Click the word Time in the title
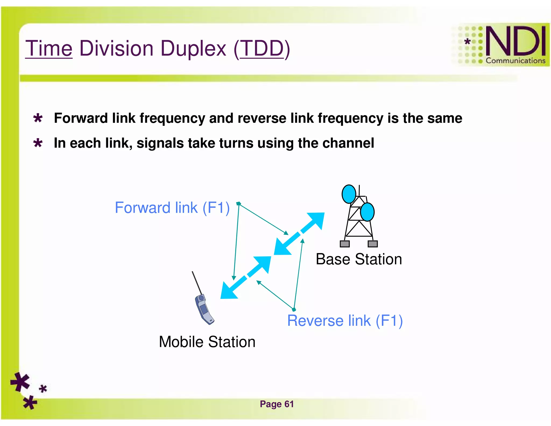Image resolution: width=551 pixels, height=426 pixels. tap(49, 48)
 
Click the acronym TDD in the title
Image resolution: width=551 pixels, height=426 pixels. tap(262, 48)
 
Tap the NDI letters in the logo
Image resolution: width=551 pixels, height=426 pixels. tap(515, 41)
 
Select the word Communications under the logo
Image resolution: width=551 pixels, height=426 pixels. tap(515, 61)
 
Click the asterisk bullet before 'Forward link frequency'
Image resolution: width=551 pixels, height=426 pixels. tap(38, 118)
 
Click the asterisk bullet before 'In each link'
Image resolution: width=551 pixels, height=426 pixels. tap(38, 143)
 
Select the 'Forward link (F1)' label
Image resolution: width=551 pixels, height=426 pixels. tap(172, 208)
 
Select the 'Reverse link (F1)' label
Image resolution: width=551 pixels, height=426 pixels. tap(345, 320)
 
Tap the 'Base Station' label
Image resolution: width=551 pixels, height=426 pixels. tap(359, 259)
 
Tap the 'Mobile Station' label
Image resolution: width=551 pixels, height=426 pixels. tap(207, 342)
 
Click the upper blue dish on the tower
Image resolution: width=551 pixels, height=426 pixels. tap(349, 194)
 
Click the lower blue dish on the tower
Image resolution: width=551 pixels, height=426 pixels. tap(367, 212)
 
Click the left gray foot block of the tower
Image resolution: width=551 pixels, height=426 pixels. tap(345, 244)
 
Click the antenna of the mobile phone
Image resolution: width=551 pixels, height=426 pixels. tap(197, 283)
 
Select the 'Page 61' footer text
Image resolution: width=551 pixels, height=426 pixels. tap(277, 404)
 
